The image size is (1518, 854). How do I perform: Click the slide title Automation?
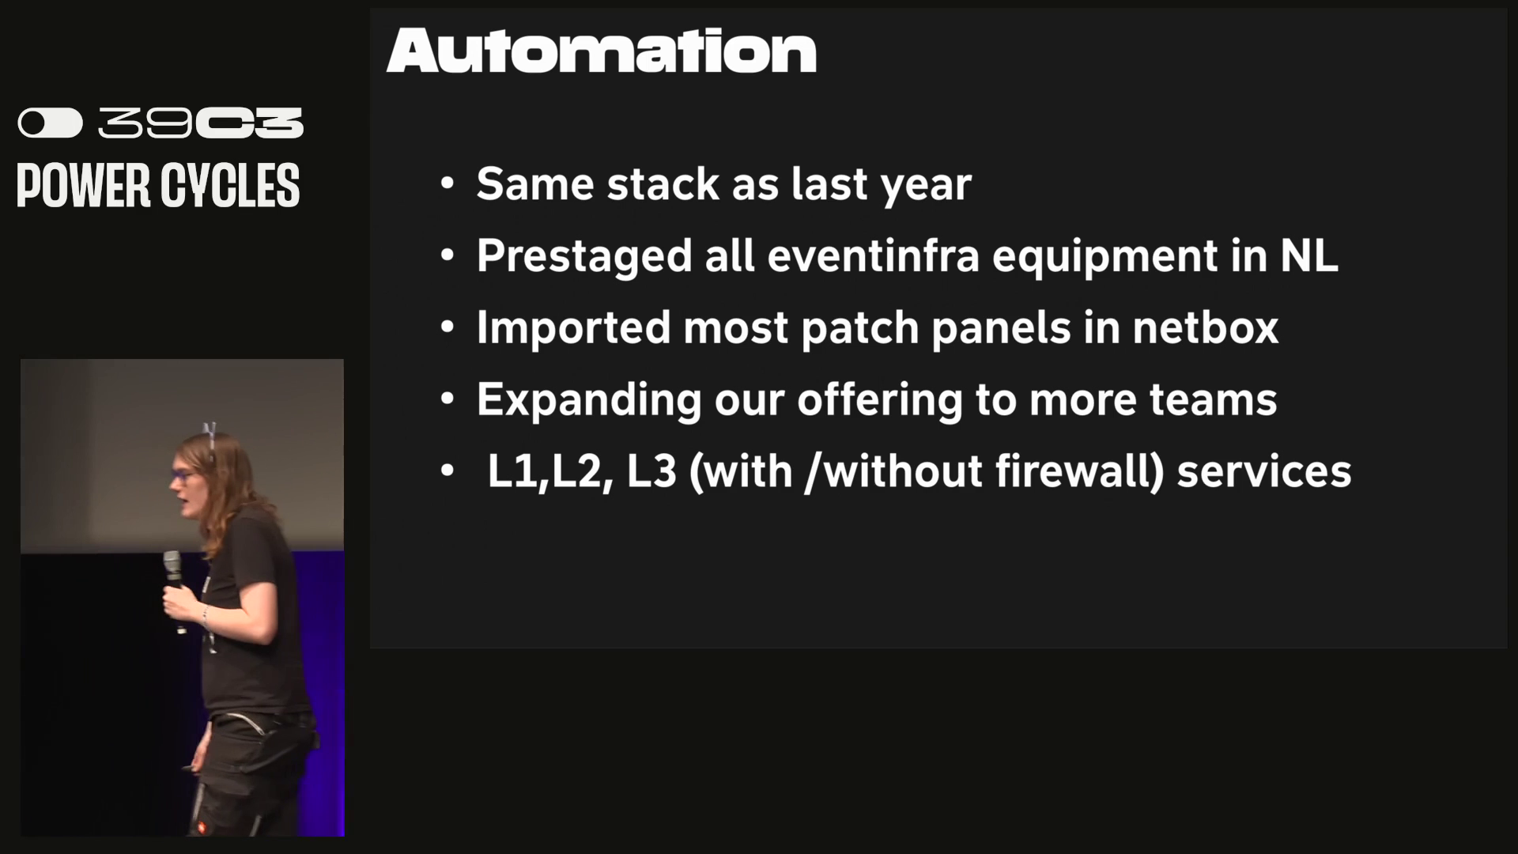tap(601, 51)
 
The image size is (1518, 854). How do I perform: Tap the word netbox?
tap(1205, 327)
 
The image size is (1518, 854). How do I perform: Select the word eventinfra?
tap(873, 255)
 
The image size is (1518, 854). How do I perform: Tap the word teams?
tap(1212, 400)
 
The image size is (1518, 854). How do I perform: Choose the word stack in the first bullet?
tap(663, 184)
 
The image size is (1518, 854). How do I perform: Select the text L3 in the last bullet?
tap(651, 471)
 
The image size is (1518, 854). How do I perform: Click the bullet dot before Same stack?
tap(447, 184)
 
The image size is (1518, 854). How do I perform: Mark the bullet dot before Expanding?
tap(447, 399)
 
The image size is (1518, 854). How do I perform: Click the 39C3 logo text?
tap(201, 123)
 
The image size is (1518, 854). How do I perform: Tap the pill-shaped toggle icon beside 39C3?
tap(51, 123)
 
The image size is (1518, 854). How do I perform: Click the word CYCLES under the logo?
tap(230, 186)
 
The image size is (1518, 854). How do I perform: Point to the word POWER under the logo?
tap(84, 186)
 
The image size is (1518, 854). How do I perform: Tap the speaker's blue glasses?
tap(183, 476)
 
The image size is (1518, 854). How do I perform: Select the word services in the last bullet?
tap(1264, 471)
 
